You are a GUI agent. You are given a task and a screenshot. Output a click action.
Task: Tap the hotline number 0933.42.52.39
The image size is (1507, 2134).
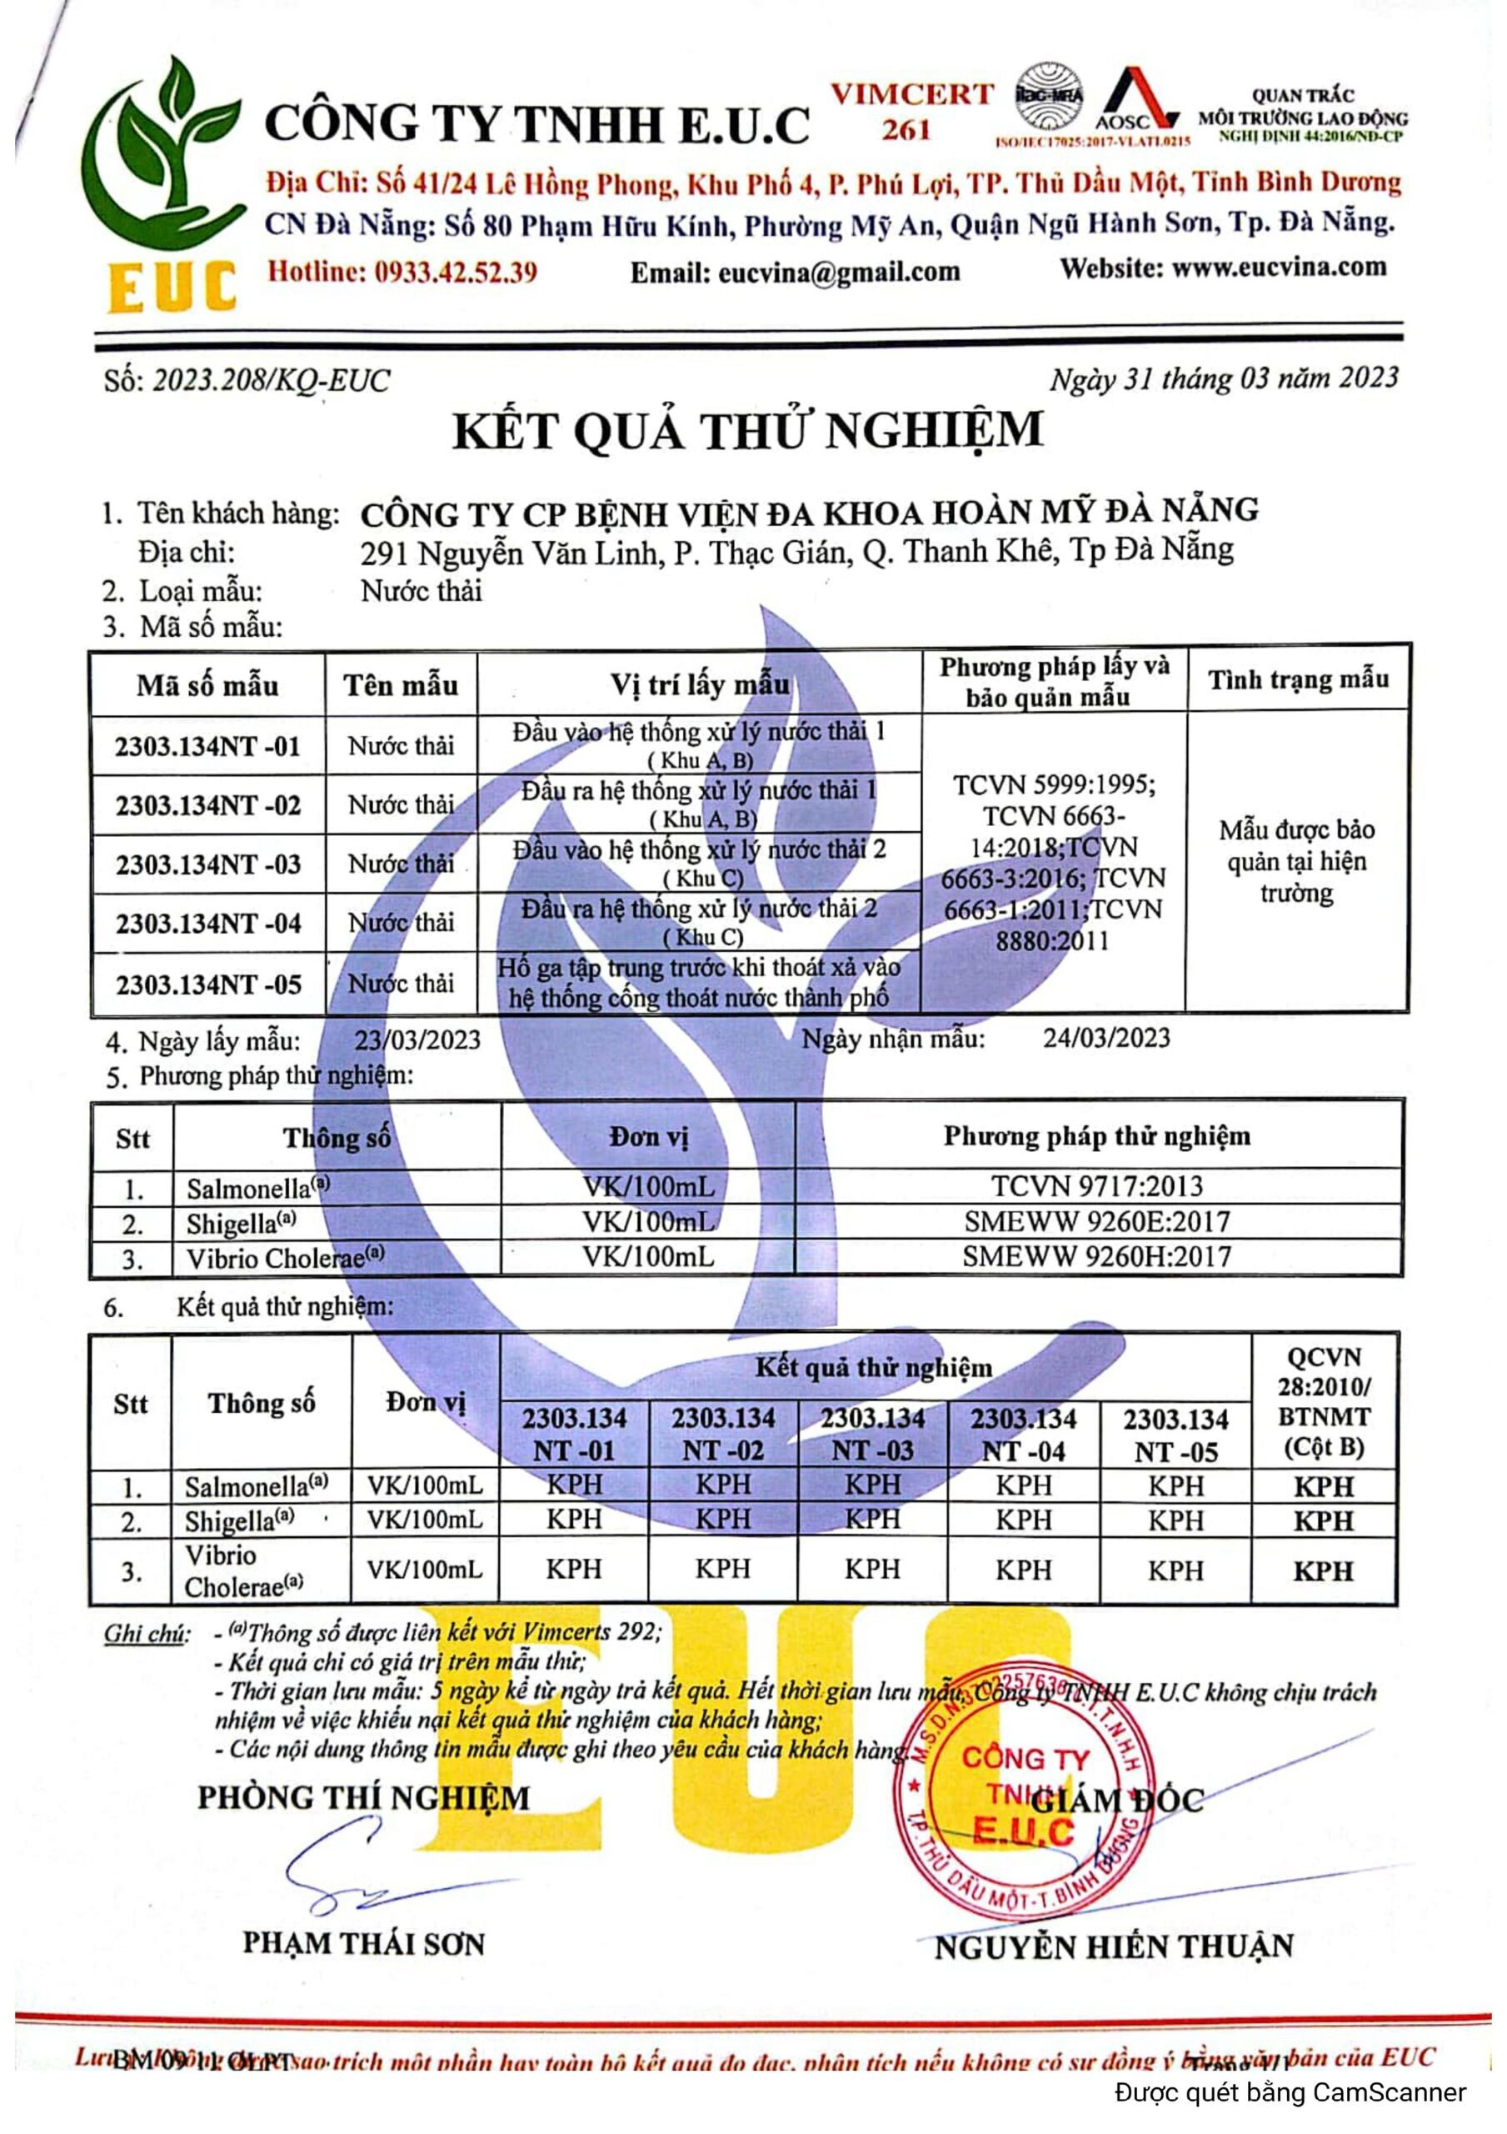click(455, 272)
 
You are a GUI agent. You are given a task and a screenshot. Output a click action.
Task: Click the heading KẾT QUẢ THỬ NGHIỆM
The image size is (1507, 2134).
click(747, 431)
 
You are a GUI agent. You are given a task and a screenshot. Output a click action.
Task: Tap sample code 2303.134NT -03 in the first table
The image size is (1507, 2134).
click(208, 864)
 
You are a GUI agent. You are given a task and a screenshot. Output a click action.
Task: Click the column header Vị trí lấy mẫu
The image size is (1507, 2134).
click(699, 685)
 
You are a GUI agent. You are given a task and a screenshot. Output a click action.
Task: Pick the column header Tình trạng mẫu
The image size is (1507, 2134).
click(1297, 679)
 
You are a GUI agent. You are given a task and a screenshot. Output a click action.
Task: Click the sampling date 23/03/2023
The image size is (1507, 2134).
click(417, 1039)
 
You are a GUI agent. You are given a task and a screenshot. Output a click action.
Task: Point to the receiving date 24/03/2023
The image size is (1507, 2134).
click(1105, 1037)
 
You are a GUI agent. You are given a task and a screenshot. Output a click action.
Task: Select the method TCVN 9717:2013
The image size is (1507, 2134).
click(1096, 1186)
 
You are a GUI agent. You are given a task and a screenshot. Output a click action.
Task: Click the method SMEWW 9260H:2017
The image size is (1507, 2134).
click(1096, 1256)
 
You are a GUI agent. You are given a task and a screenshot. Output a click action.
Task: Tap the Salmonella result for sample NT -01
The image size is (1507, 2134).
click(574, 1485)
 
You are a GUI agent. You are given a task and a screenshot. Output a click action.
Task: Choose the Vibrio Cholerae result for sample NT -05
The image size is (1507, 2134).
click(1175, 1570)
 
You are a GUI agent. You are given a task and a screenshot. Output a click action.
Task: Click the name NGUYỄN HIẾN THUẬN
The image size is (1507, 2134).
click(1113, 1946)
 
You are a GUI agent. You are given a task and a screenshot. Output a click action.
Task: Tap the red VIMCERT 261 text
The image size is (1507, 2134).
click(911, 110)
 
